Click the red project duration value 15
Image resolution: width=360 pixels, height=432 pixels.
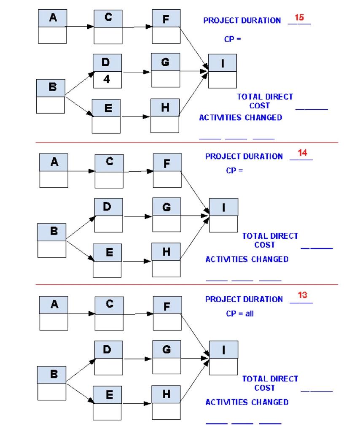(x=299, y=18)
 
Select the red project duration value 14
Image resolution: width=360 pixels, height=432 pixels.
(x=302, y=153)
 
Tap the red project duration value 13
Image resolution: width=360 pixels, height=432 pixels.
(x=302, y=295)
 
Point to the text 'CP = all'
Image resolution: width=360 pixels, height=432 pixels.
(x=240, y=313)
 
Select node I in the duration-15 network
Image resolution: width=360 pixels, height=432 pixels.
(x=222, y=70)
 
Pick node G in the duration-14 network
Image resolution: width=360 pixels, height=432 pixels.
(x=167, y=215)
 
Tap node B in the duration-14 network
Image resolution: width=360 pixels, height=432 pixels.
(x=52, y=240)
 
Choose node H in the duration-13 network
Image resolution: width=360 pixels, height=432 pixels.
(x=167, y=402)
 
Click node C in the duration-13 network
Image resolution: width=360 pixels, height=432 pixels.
(x=109, y=313)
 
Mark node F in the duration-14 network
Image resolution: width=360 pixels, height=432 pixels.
(x=167, y=170)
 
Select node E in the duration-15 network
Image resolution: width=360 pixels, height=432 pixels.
(x=106, y=116)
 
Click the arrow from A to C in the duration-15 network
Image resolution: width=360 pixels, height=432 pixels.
(x=80, y=27)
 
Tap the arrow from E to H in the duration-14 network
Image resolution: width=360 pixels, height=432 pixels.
(x=137, y=262)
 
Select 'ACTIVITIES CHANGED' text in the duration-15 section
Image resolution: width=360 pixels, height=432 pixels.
(x=240, y=118)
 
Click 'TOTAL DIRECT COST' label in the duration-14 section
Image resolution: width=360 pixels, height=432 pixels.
(x=270, y=240)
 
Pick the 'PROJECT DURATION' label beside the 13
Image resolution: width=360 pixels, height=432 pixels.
(x=244, y=299)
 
